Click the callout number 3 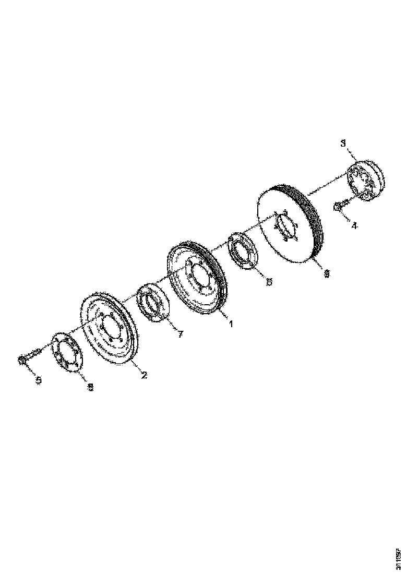tap(343, 143)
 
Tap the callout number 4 tap(354, 226)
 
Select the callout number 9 tap(327, 273)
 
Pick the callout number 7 tap(180, 334)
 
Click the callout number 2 tap(144, 375)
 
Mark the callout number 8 tap(90, 387)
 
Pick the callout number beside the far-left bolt tap(38, 380)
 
